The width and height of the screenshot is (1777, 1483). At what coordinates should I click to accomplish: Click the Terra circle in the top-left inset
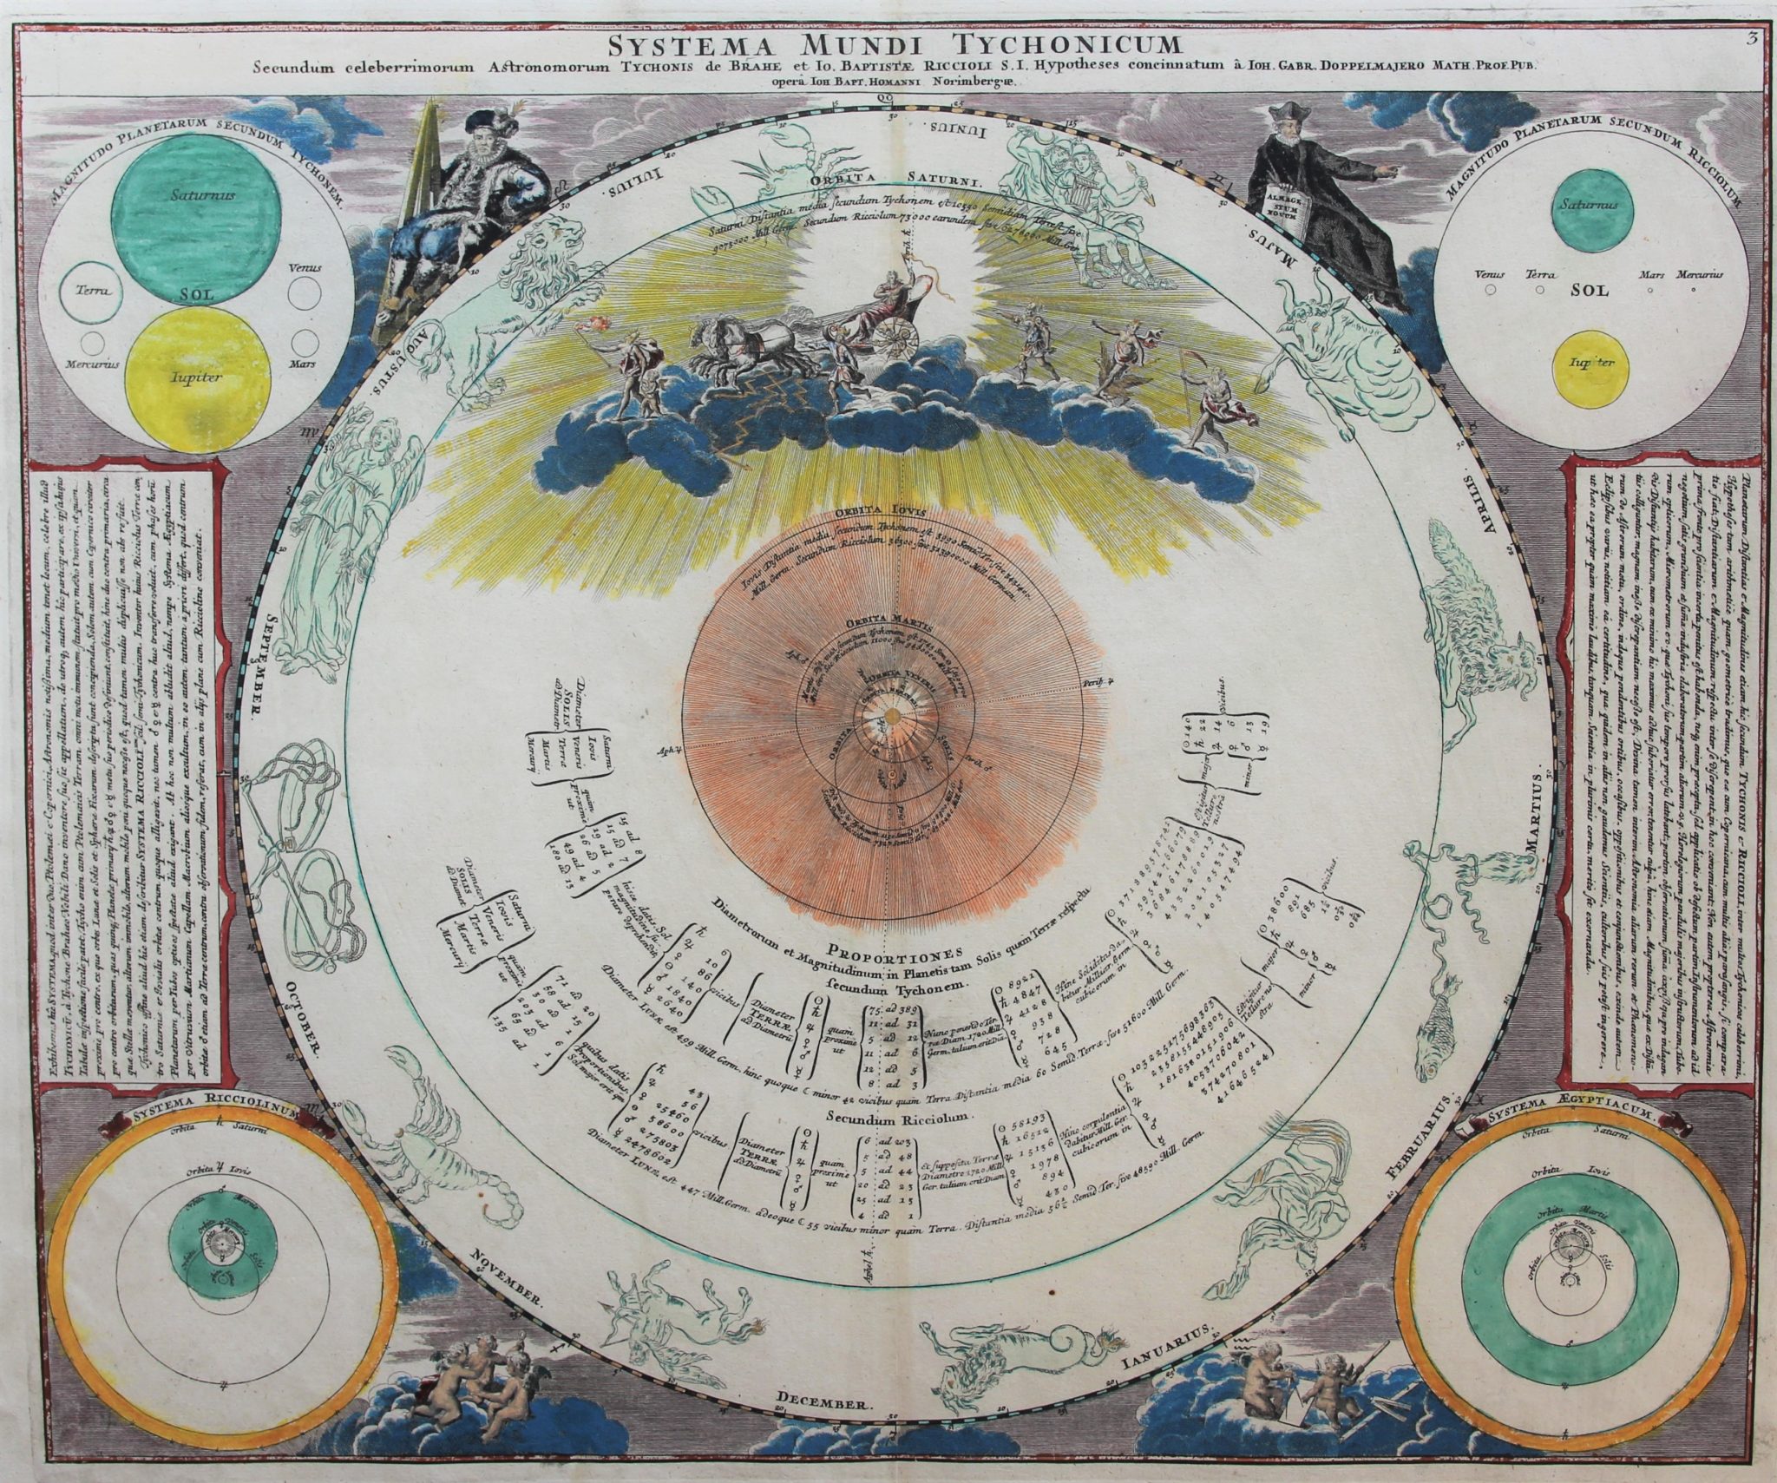(90, 292)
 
